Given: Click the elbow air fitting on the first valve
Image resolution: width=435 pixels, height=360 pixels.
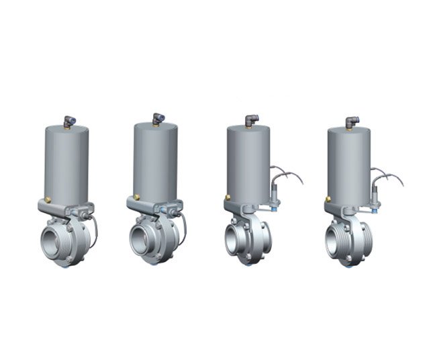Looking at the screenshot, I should tap(68, 121).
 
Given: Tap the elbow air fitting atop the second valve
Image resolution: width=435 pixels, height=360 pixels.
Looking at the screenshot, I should tap(157, 118).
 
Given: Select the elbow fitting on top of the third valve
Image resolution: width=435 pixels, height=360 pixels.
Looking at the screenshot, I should tap(251, 121).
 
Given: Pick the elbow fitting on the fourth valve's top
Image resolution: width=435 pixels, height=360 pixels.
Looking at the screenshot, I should tap(352, 122).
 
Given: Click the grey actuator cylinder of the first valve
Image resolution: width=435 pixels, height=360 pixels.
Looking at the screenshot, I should tap(66, 165).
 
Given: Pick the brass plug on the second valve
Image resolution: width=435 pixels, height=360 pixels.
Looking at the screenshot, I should tap(136, 197).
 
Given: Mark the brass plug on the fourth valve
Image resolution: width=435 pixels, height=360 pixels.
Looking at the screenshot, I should tap(328, 199).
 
